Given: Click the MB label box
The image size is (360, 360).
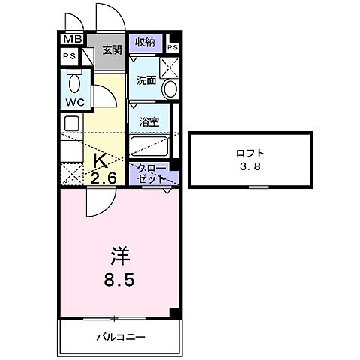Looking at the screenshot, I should click(72, 40).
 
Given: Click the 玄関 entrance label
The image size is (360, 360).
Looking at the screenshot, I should click(112, 50).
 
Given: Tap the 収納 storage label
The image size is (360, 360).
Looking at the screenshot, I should click(145, 43).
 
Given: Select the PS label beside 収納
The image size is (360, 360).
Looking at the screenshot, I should click(172, 49).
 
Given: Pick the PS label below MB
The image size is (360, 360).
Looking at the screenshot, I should click(69, 56).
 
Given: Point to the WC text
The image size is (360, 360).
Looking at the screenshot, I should click(73, 101).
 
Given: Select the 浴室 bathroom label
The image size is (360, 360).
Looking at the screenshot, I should click(148, 121).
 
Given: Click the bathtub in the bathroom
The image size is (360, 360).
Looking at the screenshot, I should click(153, 145).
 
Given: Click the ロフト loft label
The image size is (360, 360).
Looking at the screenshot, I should click(250, 154).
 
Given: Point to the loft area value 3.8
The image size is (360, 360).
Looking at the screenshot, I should click(250, 167).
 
